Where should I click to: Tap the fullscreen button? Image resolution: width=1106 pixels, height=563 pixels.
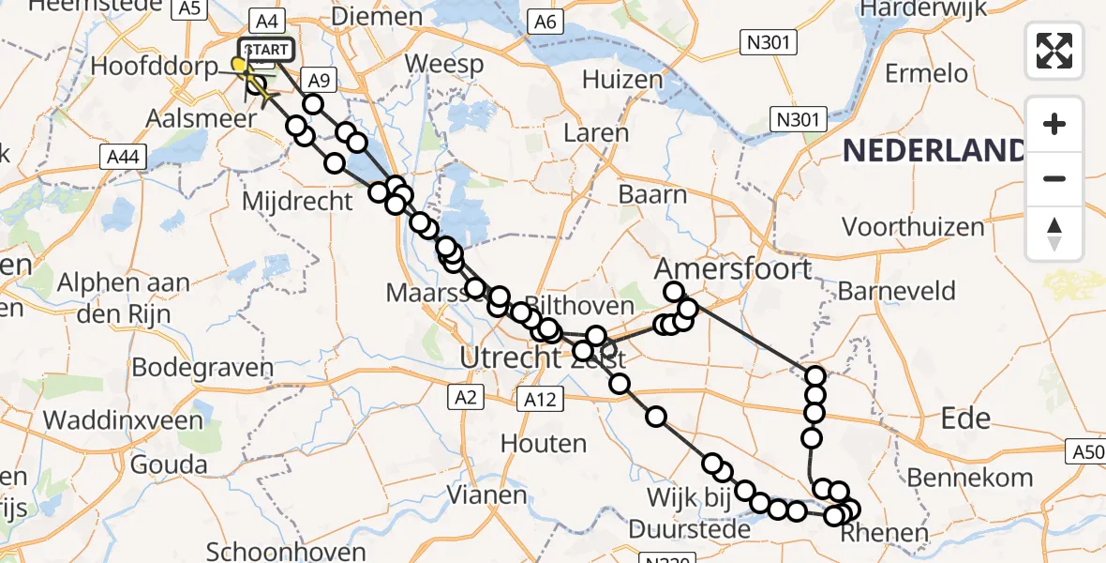click(x=1054, y=50)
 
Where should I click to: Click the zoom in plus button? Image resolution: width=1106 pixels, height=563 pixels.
click(x=1054, y=124)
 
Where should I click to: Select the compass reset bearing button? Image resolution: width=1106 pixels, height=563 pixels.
click(x=1054, y=234)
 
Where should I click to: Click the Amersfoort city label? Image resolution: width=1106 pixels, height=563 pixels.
click(x=733, y=268)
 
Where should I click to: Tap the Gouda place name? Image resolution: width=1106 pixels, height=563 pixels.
click(x=170, y=464)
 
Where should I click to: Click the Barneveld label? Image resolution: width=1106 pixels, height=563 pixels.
click(x=896, y=290)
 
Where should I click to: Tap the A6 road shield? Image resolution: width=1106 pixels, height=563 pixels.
click(x=543, y=22)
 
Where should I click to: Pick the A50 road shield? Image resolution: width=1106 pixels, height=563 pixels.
click(x=1085, y=453)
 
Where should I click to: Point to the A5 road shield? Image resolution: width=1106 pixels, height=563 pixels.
click(x=190, y=8)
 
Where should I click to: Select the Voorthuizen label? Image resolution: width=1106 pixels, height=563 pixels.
click(x=913, y=226)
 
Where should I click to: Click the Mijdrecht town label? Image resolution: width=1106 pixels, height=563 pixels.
click(x=297, y=200)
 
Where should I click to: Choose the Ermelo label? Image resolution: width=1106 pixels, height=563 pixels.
click(x=926, y=72)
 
